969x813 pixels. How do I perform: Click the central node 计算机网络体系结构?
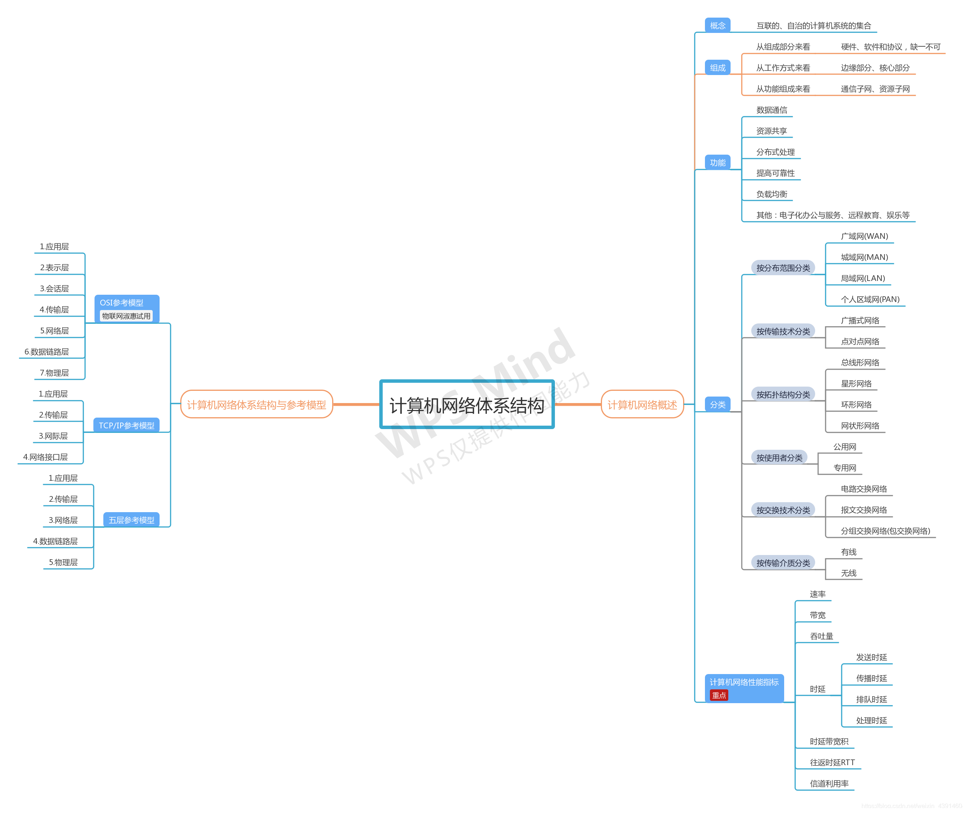click(467, 405)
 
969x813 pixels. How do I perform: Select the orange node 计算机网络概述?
click(642, 405)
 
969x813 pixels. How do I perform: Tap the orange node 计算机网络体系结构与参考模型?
click(256, 405)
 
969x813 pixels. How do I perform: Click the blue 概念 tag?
click(717, 25)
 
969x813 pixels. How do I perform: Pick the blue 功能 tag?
click(717, 162)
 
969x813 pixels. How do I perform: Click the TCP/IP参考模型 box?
click(126, 425)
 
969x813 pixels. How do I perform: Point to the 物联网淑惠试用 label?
click(126, 316)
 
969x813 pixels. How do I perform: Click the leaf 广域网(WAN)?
click(864, 236)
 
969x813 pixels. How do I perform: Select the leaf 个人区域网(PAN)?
click(870, 299)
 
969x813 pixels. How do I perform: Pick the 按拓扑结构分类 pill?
click(783, 395)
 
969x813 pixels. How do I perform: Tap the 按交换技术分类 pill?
click(783, 510)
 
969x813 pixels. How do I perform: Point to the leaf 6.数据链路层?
click(46, 352)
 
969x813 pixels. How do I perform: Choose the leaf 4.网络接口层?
click(45, 457)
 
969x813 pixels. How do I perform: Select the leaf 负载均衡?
click(772, 194)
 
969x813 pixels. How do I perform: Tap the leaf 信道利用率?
click(829, 784)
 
